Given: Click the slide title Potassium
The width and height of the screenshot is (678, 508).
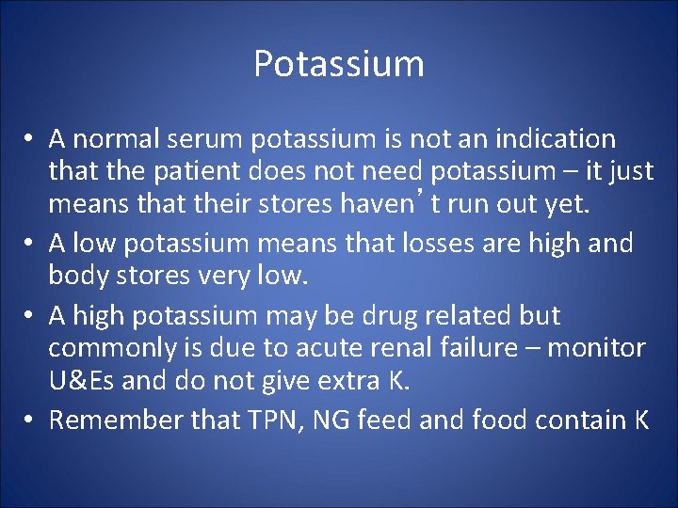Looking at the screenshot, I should (339, 64).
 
